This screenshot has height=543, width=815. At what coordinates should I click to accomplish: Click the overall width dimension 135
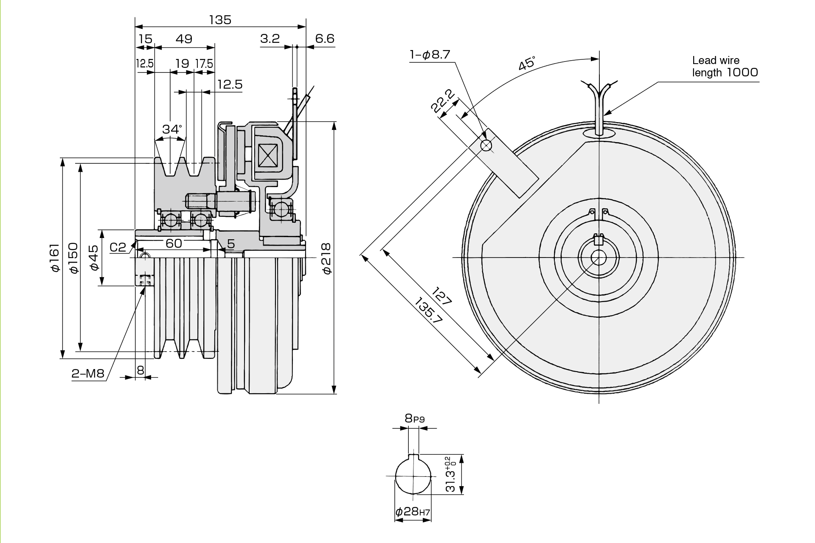click(x=220, y=20)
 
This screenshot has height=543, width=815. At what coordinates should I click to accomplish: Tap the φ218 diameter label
click(x=326, y=258)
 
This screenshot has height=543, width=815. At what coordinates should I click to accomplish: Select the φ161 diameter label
click(x=54, y=258)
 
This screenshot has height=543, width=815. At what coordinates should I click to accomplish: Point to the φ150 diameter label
click(x=73, y=258)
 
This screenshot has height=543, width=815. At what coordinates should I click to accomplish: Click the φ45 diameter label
click(x=94, y=258)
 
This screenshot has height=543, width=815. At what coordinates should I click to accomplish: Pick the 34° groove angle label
click(x=172, y=129)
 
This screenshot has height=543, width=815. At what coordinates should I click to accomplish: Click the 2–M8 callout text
click(x=88, y=373)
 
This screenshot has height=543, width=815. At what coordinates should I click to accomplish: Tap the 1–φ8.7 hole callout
click(x=430, y=54)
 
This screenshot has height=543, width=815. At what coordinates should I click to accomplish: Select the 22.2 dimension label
click(x=443, y=101)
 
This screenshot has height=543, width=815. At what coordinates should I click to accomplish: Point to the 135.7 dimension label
click(x=429, y=311)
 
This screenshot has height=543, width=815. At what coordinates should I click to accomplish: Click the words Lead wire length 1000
click(x=725, y=67)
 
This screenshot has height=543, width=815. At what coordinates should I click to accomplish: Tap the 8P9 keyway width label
click(x=414, y=418)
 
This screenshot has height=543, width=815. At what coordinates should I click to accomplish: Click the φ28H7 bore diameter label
click(x=413, y=512)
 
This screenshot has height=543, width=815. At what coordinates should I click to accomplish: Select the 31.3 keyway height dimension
click(x=451, y=474)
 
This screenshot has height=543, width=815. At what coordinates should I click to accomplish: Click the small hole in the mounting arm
click(x=486, y=146)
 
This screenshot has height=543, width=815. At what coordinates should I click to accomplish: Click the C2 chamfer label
click(x=118, y=247)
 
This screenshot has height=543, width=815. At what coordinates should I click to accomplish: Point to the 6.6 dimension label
click(x=325, y=39)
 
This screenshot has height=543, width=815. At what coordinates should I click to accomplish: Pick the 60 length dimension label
click(x=174, y=243)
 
